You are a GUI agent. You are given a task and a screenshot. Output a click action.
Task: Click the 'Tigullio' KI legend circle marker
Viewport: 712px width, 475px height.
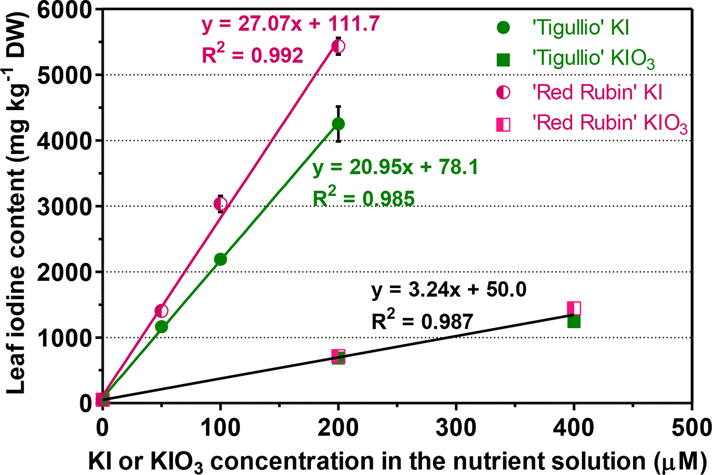[x=503, y=27]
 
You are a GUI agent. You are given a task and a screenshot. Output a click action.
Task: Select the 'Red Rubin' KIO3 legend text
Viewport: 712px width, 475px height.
[x=609, y=123]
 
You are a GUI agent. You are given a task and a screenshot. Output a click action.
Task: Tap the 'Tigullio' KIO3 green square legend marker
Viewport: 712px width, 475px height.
[x=503, y=59]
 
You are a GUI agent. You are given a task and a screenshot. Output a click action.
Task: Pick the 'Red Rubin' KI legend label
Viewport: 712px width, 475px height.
[x=597, y=92]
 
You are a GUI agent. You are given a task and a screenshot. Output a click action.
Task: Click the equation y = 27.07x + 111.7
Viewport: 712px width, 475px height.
[x=290, y=24]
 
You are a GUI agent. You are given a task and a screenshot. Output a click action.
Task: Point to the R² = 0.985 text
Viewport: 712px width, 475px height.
[x=363, y=198]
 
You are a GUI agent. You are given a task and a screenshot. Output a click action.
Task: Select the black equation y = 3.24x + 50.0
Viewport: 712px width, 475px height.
[x=449, y=290]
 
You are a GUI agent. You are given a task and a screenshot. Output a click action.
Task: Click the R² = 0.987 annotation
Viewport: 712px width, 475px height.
[x=422, y=321]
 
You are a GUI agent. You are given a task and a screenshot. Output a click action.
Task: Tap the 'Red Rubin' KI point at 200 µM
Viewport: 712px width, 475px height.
[x=338, y=46]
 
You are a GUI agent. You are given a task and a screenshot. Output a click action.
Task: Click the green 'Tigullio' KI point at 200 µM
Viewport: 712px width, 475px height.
[x=338, y=124]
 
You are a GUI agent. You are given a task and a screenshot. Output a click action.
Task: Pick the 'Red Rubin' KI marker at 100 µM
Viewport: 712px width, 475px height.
[x=220, y=204]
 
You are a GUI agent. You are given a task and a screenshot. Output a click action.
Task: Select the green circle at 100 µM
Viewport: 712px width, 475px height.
[x=220, y=259]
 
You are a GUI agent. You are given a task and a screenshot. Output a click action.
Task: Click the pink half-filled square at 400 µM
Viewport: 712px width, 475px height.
[x=574, y=308]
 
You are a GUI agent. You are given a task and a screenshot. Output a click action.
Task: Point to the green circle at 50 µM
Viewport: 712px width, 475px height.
[x=161, y=327]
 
